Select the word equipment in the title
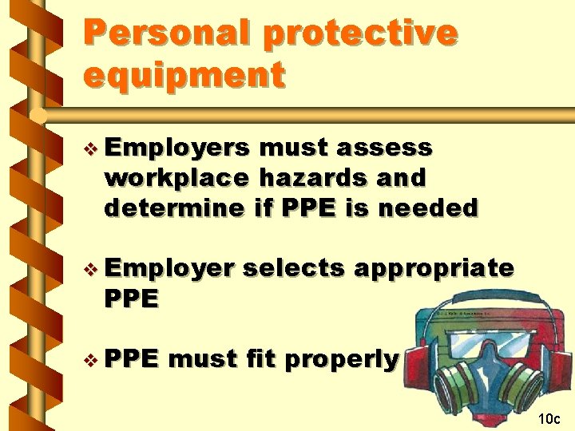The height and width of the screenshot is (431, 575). tap(184, 75)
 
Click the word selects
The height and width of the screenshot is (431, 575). tap(294, 268)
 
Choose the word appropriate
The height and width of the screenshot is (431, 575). tap(434, 268)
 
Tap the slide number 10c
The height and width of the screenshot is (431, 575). tap(549, 418)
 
